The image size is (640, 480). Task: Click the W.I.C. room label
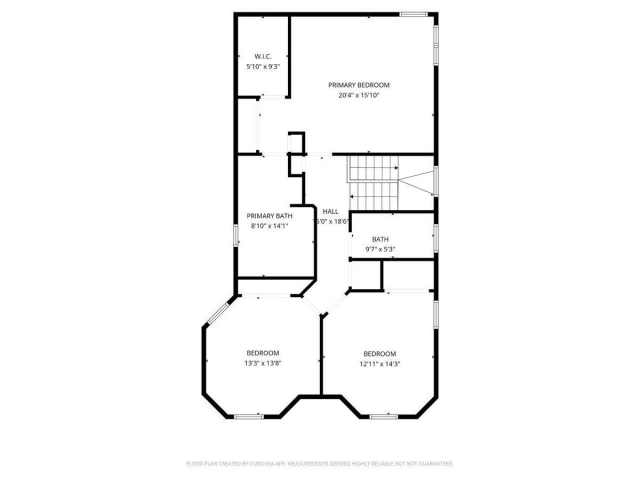coord(262,56)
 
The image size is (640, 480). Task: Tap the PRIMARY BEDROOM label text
coord(358,85)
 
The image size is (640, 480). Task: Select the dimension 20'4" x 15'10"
coord(358,95)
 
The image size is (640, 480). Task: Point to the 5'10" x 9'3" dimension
coord(262,66)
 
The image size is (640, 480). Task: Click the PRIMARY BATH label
coord(269,216)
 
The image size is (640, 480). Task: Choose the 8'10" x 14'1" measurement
coord(269,225)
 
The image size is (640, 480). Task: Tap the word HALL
coord(330,211)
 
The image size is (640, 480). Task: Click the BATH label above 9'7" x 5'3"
coord(380,239)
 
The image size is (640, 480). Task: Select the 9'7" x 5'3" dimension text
coord(380,249)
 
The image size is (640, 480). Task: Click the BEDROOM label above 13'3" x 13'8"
coord(262,353)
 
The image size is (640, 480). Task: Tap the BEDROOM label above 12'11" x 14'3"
coord(379,354)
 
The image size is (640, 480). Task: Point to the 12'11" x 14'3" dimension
coord(379,364)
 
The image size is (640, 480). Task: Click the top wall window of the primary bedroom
coord(413,14)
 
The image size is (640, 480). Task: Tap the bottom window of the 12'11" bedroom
coord(383,416)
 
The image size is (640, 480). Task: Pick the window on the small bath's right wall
coord(436,237)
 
